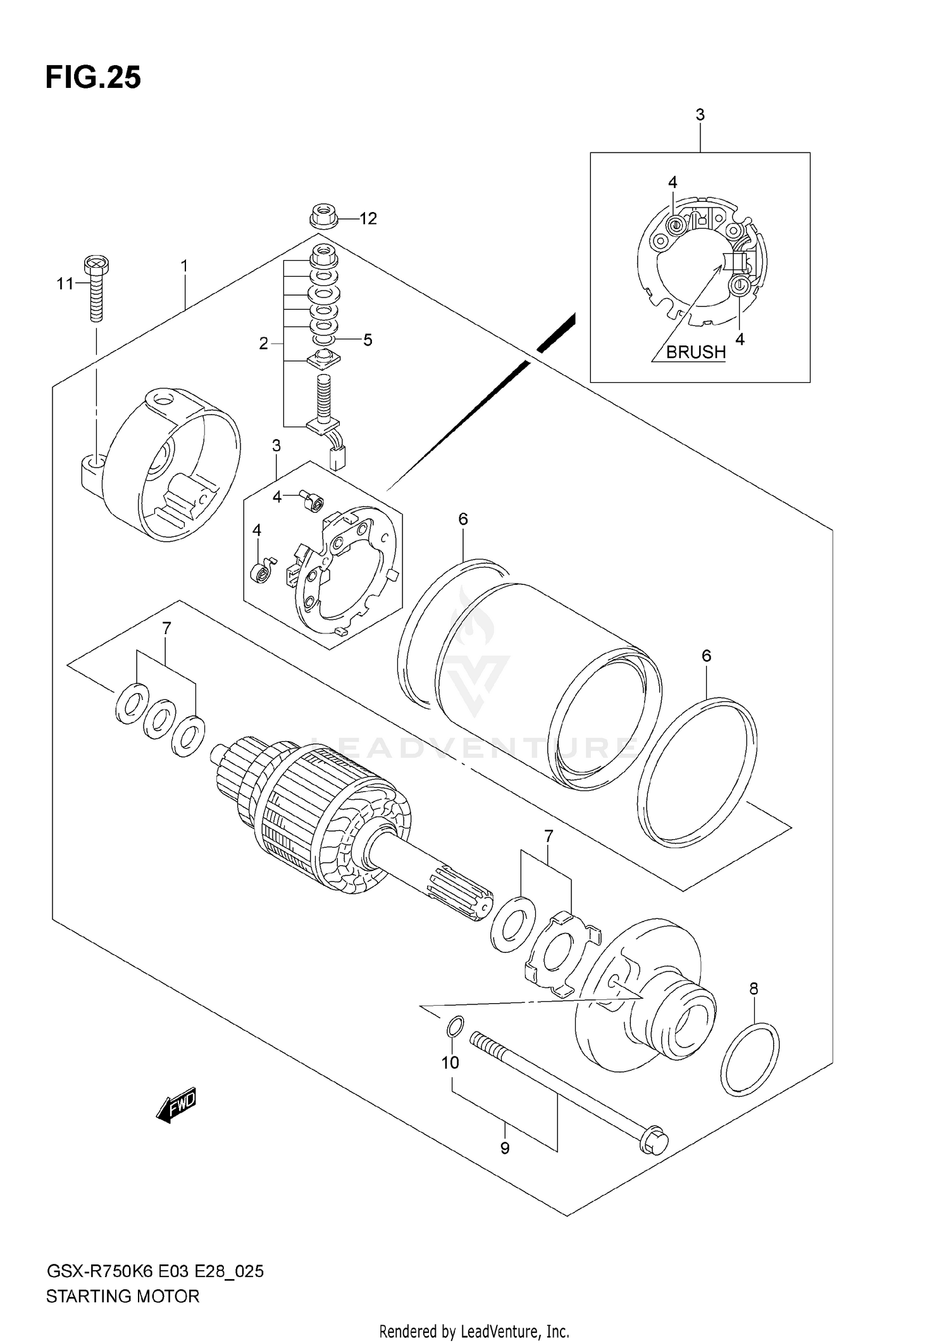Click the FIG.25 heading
(x=93, y=78)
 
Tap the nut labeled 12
(x=323, y=217)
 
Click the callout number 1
(x=184, y=266)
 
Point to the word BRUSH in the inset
(x=695, y=352)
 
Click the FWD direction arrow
(x=177, y=1106)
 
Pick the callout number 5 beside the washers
(x=368, y=340)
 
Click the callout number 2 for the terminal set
(x=264, y=344)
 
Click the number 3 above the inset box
(x=700, y=115)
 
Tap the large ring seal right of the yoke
(x=696, y=772)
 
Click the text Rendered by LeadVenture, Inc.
(x=475, y=1331)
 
